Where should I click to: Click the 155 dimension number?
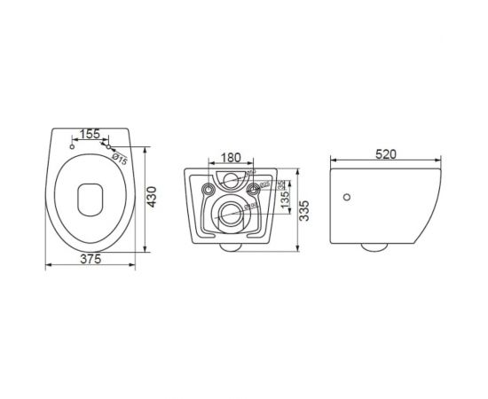tap(90, 136)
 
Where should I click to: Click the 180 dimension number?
tap(230, 158)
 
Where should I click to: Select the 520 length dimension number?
tap(383, 152)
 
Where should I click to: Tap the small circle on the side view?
tap(348, 197)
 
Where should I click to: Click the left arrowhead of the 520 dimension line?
tap(333, 161)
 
